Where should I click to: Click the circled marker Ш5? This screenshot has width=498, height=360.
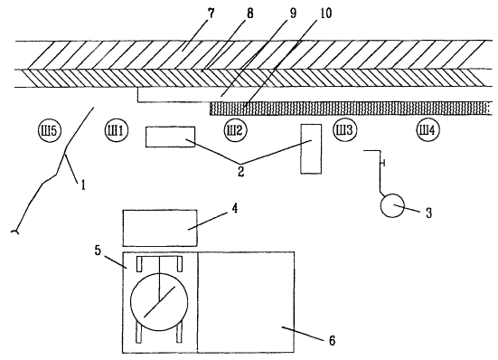[x=49, y=130]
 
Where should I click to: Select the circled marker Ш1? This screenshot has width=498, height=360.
[x=116, y=130]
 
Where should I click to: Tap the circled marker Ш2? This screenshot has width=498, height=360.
[x=235, y=130]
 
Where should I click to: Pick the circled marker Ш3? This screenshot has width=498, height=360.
[x=344, y=130]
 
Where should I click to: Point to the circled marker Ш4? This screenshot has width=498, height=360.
[x=428, y=130]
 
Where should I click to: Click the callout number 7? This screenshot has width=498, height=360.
[x=211, y=14]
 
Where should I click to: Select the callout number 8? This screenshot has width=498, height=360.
[x=250, y=14]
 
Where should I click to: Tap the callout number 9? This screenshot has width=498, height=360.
[x=292, y=14]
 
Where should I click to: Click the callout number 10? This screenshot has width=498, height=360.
[x=324, y=14]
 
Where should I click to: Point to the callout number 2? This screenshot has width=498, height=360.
[x=240, y=171]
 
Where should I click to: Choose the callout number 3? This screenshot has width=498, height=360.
[x=428, y=213]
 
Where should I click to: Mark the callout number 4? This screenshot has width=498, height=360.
[x=234, y=209]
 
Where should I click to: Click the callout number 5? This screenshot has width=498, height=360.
[x=98, y=250]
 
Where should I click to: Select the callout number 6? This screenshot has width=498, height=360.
[x=332, y=341]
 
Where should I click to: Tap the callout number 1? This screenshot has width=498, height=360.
[x=83, y=185]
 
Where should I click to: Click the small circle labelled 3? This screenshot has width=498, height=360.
[x=392, y=205]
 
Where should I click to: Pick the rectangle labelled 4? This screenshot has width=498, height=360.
[x=160, y=228]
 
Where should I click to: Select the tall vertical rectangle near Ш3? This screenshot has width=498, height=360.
[x=311, y=148]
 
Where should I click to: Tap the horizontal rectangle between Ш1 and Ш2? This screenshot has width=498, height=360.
[x=170, y=137]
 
